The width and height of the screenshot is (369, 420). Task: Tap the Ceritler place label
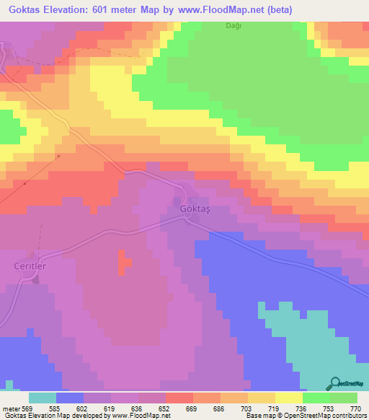[x=31, y=266]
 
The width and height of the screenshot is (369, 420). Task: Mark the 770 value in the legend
[x=355, y=408]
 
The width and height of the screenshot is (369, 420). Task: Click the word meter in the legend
[x=11, y=408]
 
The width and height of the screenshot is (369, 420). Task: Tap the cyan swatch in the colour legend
[x=43, y=398]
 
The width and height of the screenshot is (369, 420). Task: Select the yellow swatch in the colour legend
[x=289, y=398]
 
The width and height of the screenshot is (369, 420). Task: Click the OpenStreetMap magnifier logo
[x=335, y=384]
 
